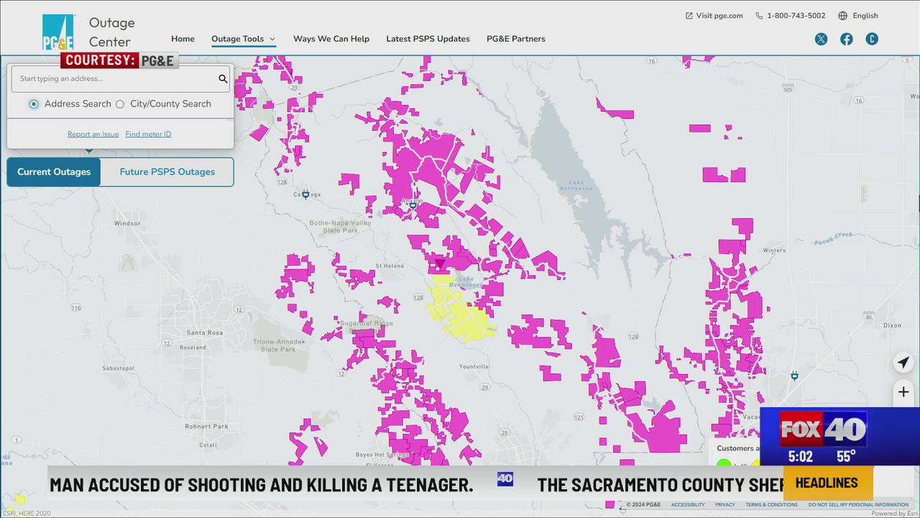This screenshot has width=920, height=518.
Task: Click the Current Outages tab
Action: point(54,172)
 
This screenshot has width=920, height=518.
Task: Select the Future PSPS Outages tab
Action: point(167,172)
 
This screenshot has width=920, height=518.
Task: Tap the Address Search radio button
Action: point(34,104)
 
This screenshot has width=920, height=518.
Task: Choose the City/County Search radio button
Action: point(120,104)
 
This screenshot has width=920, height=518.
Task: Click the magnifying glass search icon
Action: point(223,79)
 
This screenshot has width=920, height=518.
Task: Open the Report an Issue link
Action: point(93,135)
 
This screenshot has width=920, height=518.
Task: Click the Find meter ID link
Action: point(148,135)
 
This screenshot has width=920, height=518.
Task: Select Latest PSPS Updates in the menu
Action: point(428,39)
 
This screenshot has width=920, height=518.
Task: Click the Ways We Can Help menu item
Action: point(331,39)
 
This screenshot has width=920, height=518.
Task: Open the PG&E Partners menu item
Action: point(515,39)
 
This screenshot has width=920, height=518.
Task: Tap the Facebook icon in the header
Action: point(847,40)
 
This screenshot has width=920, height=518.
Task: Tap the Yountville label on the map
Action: point(474,366)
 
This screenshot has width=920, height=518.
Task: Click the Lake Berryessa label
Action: point(581,185)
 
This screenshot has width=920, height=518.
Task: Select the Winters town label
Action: point(774,250)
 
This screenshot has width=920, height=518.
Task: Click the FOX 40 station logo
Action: point(822,430)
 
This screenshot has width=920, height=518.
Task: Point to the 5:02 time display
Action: point(800,457)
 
